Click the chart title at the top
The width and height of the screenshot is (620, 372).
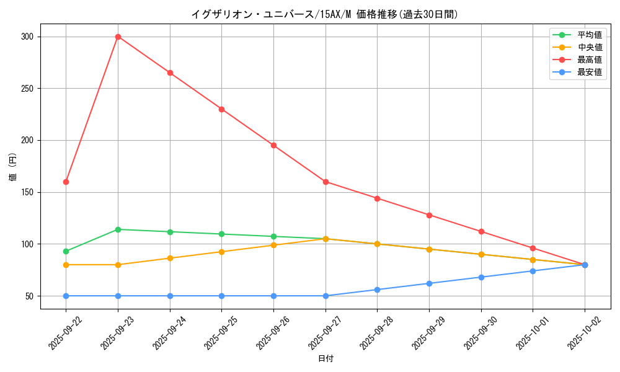coord(325,14)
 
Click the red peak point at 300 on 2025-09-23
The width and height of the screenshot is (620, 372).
coord(118,37)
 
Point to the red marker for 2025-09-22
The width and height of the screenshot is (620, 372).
coord(66,182)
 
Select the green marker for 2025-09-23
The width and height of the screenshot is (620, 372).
coord(118,229)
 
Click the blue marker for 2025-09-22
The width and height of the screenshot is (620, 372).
coord(66,296)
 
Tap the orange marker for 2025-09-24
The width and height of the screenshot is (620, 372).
coord(170,258)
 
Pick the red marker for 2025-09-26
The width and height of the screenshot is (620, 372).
coord(273,145)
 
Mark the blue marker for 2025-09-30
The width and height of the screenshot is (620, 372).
coord(481,277)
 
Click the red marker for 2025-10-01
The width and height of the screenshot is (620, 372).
coord(533,248)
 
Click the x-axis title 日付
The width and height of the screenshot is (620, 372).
coord(325,359)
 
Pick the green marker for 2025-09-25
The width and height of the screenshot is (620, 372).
coord(221,234)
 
